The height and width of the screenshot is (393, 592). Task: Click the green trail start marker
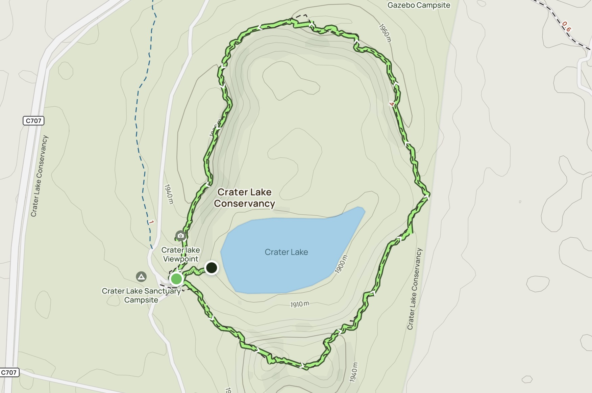pos(176,279)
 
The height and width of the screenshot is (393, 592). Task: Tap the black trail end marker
pos(212,268)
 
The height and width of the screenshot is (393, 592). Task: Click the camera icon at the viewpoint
pos(180,235)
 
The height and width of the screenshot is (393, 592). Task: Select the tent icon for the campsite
pos(141,277)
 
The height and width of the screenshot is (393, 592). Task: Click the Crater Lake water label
pos(286,252)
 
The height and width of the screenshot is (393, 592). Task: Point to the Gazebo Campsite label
pos(419,5)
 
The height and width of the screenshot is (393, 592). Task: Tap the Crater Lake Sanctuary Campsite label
pos(141,295)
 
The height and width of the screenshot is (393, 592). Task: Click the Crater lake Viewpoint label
pos(181,254)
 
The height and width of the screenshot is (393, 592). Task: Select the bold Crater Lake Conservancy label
pos(244,198)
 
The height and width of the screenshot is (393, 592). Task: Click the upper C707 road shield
pos(33,121)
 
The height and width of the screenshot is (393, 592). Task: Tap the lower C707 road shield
pos(9,372)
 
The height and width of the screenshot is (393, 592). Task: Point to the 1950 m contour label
pos(385,33)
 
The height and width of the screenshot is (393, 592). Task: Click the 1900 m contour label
pos(341,264)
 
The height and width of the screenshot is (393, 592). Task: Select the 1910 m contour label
pos(300,304)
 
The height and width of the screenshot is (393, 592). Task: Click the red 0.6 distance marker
pos(566,26)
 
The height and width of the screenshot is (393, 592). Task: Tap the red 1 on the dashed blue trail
pos(151,222)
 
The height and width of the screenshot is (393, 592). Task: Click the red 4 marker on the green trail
pos(392,104)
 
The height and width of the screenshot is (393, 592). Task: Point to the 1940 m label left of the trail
pos(169,194)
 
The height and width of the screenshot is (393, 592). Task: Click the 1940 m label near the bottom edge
pos(353,372)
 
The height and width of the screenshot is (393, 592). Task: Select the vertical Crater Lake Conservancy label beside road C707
pos(40,176)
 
